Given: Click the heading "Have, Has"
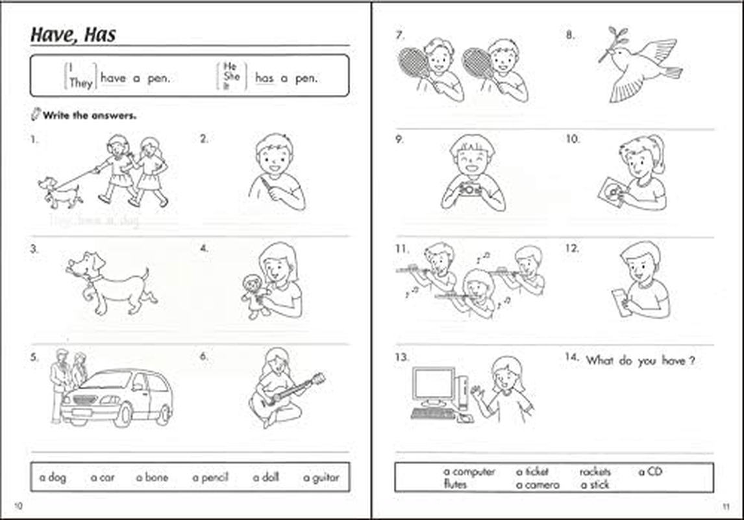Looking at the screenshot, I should (x=73, y=34).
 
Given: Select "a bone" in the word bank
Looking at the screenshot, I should (x=152, y=477).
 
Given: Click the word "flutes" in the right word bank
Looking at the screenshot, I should (x=455, y=484).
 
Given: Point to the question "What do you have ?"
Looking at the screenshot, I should (x=639, y=360).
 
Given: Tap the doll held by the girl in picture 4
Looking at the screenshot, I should (x=256, y=296).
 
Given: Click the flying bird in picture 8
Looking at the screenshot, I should (x=639, y=65).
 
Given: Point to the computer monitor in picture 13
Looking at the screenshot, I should (x=434, y=386).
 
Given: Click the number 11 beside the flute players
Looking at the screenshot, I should (x=401, y=248).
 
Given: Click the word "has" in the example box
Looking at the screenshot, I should (x=264, y=78).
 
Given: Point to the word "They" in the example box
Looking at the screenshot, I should (x=81, y=83).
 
